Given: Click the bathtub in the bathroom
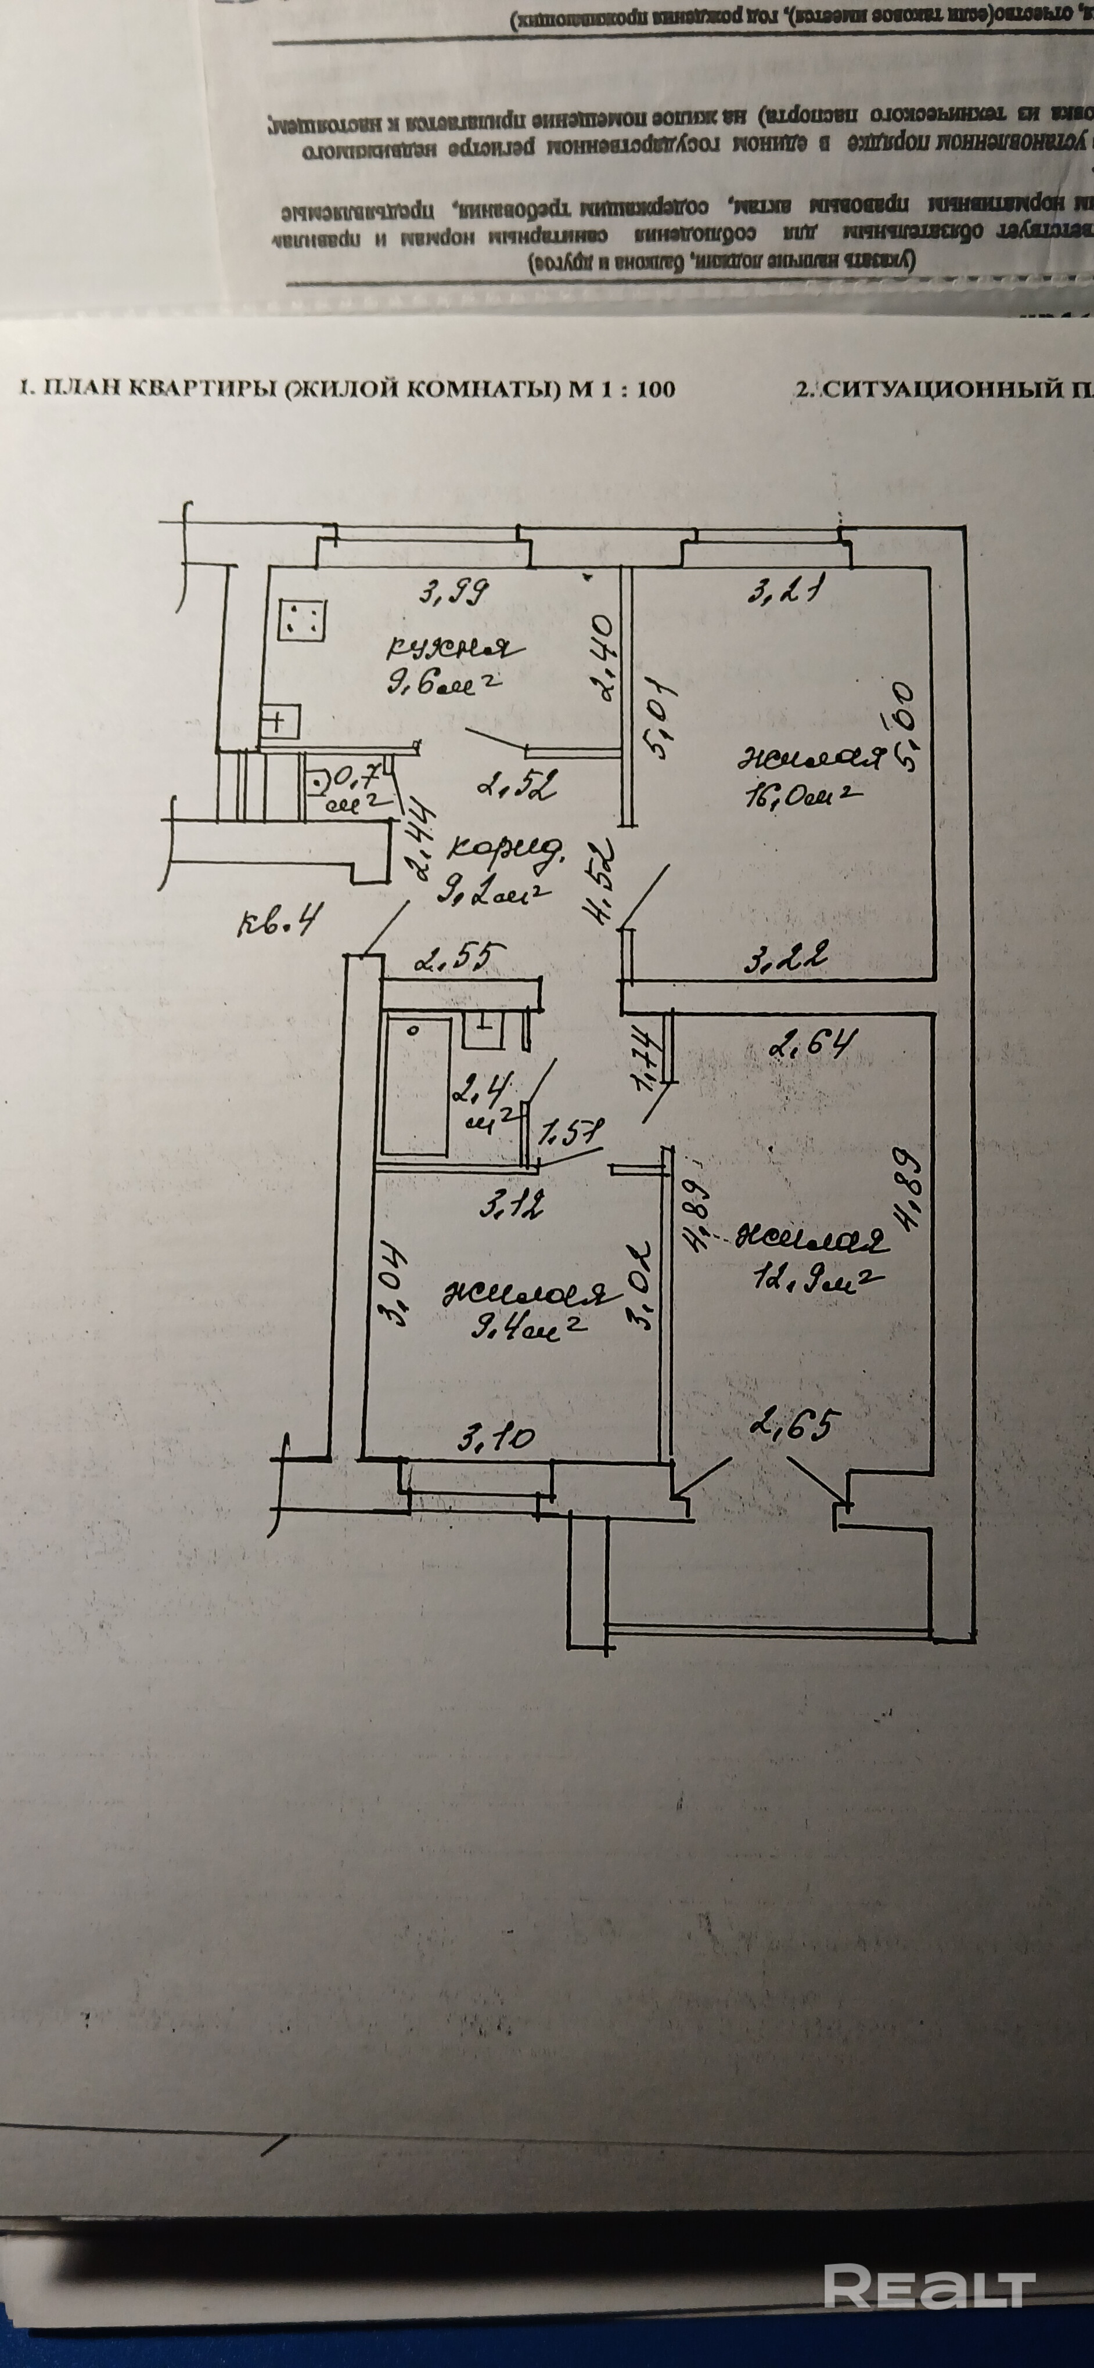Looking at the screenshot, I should pos(416,1085).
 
